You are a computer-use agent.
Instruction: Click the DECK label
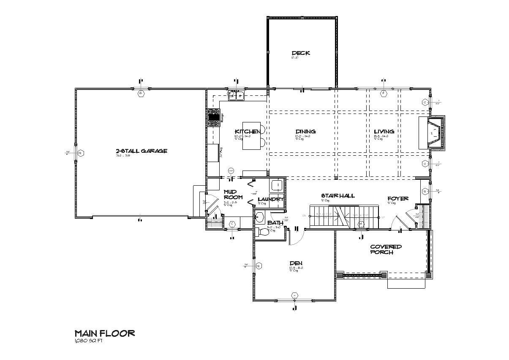click(301, 53)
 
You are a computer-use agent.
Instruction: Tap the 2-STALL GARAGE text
click(142, 151)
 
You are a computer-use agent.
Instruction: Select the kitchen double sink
click(236, 96)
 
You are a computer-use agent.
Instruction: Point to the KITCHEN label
click(248, 131)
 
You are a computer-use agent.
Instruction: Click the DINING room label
click(305, 131)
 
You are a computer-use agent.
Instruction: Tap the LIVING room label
click(384, 131)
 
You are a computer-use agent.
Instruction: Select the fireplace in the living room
click(433, 133)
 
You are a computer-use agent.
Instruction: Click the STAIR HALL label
click(338, 196)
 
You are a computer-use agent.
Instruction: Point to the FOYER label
click(398, 198)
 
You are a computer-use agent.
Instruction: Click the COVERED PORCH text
click(386, 249)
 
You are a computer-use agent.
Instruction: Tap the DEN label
click(296, 263)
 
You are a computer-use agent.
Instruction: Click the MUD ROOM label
click(232, 195)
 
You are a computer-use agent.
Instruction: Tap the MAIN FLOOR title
click(104, 333)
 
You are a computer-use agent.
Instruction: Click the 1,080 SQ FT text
click(89, 341)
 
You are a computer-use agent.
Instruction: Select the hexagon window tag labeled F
click(383, 94)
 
